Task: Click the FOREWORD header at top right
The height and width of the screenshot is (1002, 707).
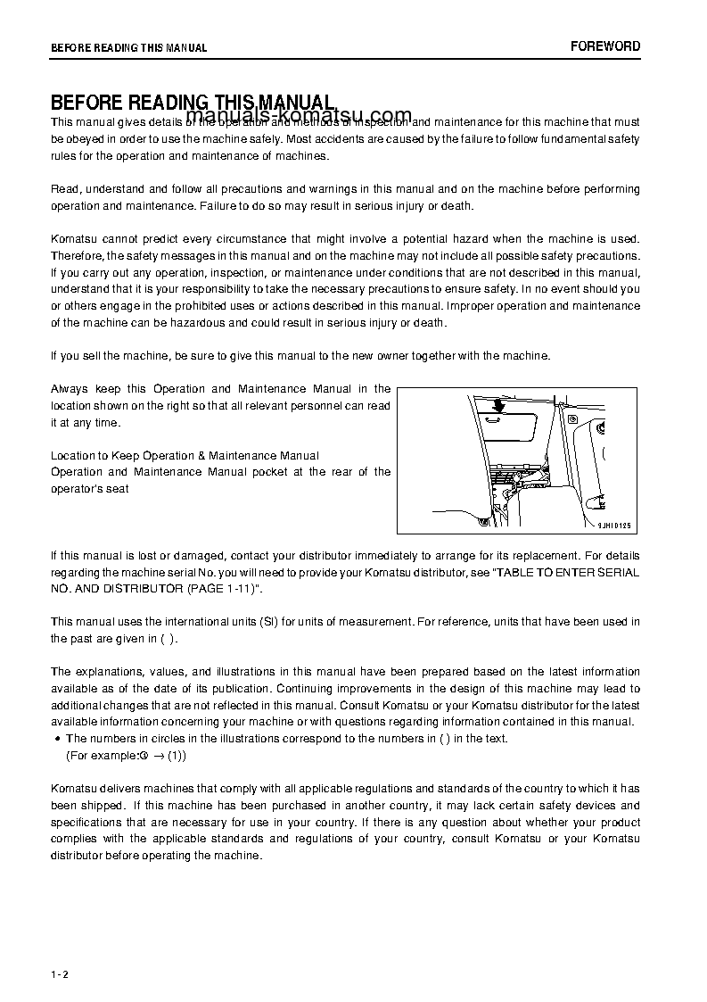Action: click(605, 46)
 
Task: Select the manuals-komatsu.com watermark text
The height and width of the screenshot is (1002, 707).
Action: click(300, 116)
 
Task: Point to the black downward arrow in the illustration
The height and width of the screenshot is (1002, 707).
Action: click(497, 404)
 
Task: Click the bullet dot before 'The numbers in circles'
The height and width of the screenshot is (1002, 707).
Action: click(57, 739)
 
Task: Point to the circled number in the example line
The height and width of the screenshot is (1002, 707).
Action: click(143, 756)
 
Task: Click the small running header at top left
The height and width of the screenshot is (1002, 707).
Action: click(128, 48)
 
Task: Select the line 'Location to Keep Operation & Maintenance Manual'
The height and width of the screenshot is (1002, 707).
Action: click(185, 456)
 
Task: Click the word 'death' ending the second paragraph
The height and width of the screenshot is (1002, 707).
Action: click(456, 206)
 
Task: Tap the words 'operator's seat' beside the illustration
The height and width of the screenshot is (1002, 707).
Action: click(90, 489)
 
